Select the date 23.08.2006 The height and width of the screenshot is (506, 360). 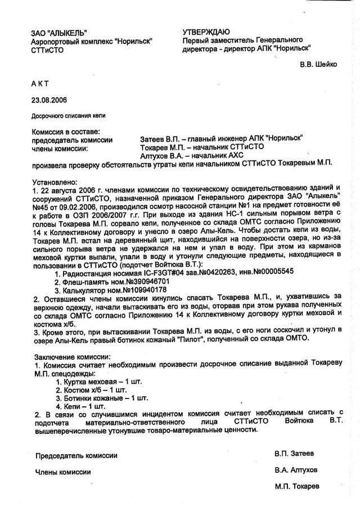click(49, 100)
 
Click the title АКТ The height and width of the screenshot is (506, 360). click(40, 83)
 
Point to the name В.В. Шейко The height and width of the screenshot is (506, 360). click(318, 64)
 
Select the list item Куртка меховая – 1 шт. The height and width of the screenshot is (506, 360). click(102, 382)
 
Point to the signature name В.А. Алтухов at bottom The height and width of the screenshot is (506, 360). click(296, 469)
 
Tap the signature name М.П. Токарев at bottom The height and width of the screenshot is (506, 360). click(297, 486)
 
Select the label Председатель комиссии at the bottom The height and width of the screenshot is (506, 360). click(76, 455)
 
